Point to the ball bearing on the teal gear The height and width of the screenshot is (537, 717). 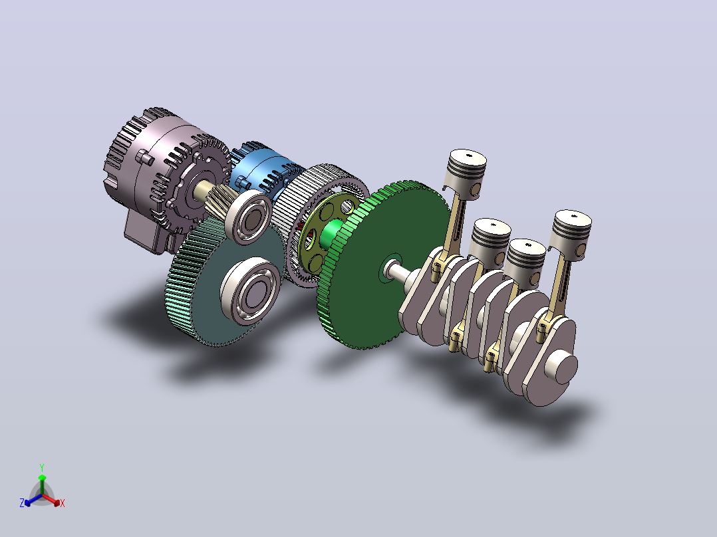(251, 290)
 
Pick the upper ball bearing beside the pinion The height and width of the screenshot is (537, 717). (248, 217)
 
